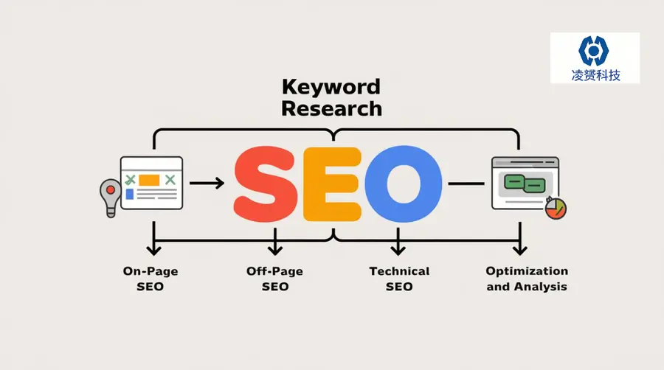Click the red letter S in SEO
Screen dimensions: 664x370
click(x=266, y=184)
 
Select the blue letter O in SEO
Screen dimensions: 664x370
click(x=404, y=184)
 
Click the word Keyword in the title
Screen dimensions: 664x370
click(x=331, y=87)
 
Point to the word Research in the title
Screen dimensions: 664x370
click(x=331, y=108)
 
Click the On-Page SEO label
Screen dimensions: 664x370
click(x=151, y=279)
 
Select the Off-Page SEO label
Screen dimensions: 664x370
click(x=275, y=279)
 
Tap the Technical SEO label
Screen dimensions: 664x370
click(x=399, y=279)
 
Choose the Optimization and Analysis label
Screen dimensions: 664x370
click(x=527, y=279)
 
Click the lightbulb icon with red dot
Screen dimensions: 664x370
click(x=111, y=198)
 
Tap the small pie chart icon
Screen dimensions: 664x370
click(x=556, y=208)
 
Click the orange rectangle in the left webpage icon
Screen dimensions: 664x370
click(x=149, y=180)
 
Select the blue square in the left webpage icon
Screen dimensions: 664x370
click(x=130, y=194)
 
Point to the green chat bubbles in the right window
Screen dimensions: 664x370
click(x=525, y=184)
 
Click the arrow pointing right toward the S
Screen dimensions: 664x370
click(x=207, y=183)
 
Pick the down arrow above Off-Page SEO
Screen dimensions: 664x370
click(x=275, y=242)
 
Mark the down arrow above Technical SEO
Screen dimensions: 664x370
click(x=398, y=242)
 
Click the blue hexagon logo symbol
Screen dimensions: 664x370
click(x=594, y=51)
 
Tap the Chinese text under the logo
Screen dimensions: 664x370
click(x=595, y=75)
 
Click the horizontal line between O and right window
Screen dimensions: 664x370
click(x=466, y=184)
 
